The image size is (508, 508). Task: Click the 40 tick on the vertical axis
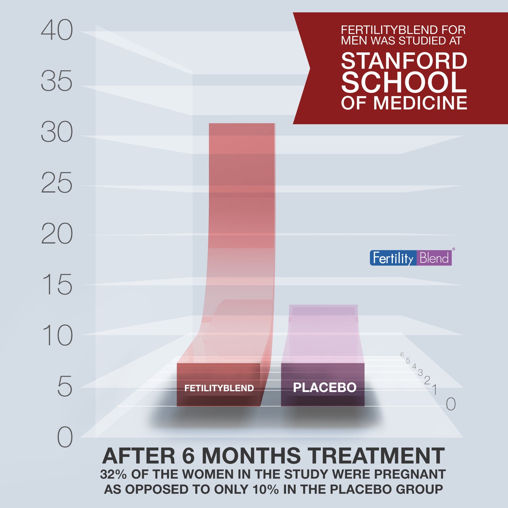[x=57, y=30]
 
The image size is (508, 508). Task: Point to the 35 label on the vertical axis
[x=57, y=81]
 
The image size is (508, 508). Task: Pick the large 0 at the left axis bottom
[x=65, y=437]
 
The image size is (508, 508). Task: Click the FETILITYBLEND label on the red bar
[x=219, y=388]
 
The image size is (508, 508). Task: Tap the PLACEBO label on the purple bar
[x=324, y=387]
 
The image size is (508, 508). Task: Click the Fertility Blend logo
[x=410, y=258]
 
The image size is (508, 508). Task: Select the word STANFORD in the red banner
[x=404, y=61]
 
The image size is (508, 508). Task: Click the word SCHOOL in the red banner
[x=404, y=82]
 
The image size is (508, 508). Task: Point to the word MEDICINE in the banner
[x=420, y=103]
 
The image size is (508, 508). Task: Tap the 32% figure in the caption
[x=113, y=474]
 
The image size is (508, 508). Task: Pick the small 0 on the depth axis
[x=450, y=404]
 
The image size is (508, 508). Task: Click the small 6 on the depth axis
[x=402, y=355]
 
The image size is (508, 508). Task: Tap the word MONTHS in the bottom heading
[x=251, y=456]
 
